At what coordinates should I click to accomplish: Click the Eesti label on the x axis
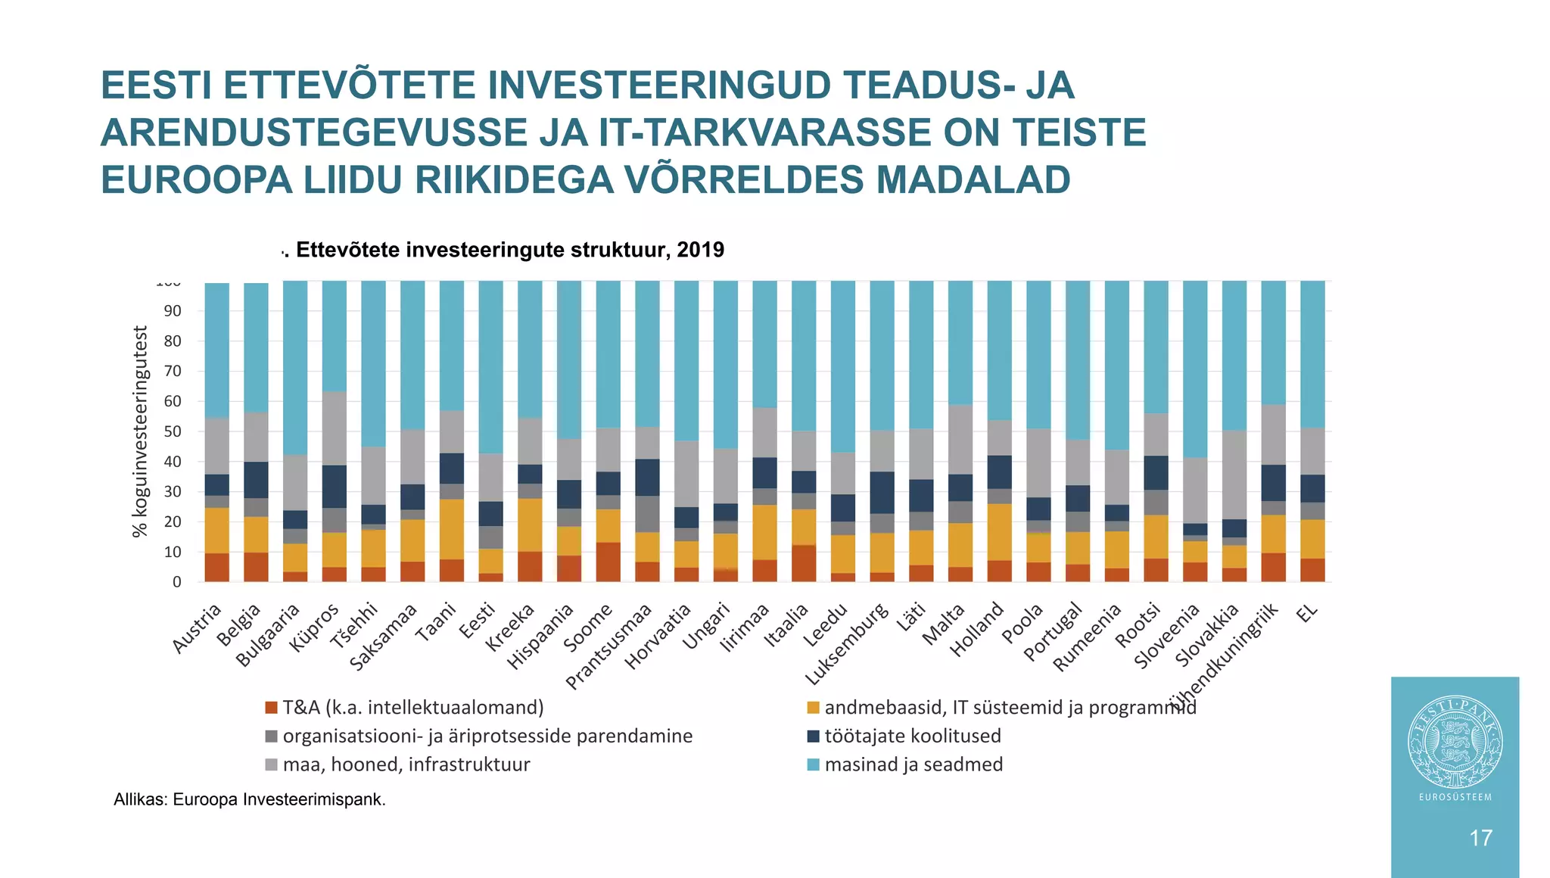[x=479, y=622]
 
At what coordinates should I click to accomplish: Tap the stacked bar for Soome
[x=608, y=431]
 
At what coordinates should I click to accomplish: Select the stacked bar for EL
[x=1312, y=431]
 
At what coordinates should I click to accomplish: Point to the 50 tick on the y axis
[x=172, y=431]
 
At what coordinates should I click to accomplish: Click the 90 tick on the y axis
[x=172, y=311]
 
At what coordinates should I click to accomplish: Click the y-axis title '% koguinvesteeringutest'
[x=140, y=431]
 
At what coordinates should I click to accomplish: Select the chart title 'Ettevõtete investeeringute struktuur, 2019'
[x=509, y=250]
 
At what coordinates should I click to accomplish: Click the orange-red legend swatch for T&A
[x=272, y=708]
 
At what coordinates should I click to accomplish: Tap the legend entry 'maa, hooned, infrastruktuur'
[x=406, y=764]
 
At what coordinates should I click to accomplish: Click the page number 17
[x=1480, y=838]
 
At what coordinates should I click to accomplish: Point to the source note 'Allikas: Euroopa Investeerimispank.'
[x=250, y=799]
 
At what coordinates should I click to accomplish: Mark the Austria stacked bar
[x=217, y=431]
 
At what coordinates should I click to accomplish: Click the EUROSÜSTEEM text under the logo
[x=1455, y=797]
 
